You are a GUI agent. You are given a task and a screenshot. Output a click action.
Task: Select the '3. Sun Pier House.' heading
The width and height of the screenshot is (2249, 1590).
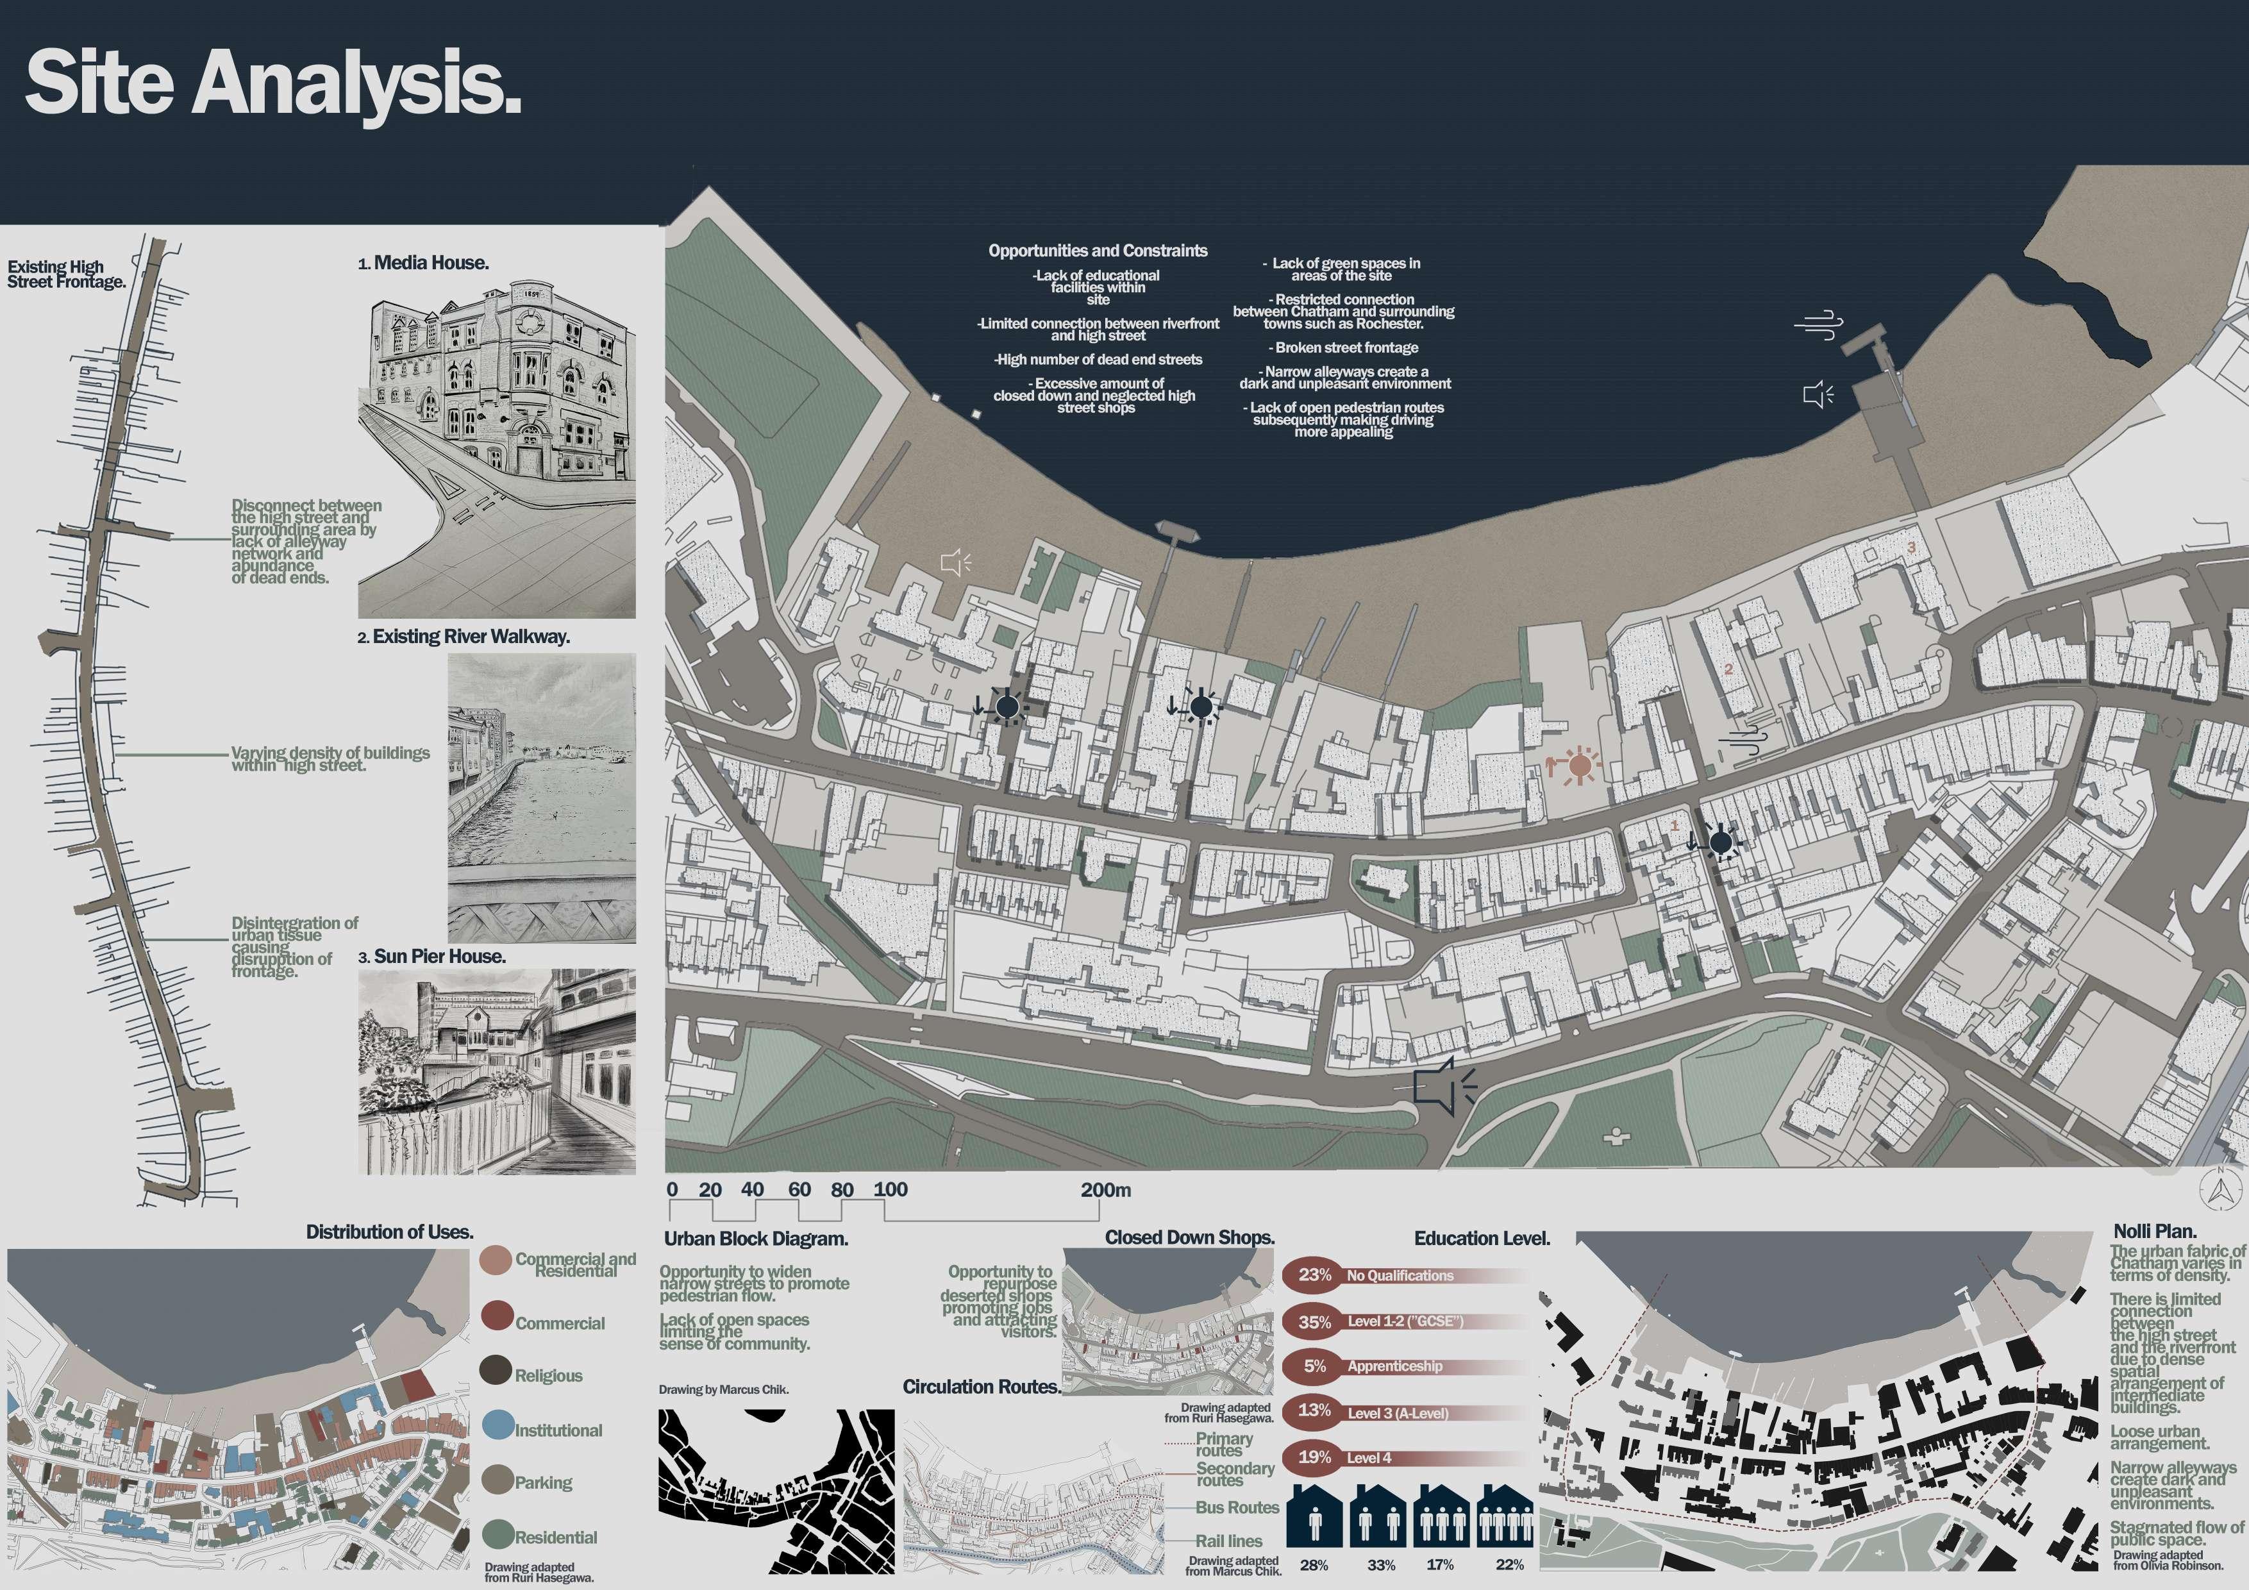(432, 956)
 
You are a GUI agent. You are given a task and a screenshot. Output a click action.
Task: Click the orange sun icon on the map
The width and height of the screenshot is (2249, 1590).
(1578, 765)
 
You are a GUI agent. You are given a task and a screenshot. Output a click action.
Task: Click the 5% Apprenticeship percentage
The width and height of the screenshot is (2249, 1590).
(1314, 1366)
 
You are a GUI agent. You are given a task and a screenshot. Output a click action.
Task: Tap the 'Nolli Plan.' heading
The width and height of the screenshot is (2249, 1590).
(2154, 1232)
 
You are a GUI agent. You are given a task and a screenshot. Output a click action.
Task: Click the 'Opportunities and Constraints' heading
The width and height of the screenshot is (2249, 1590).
(1097, 251)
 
